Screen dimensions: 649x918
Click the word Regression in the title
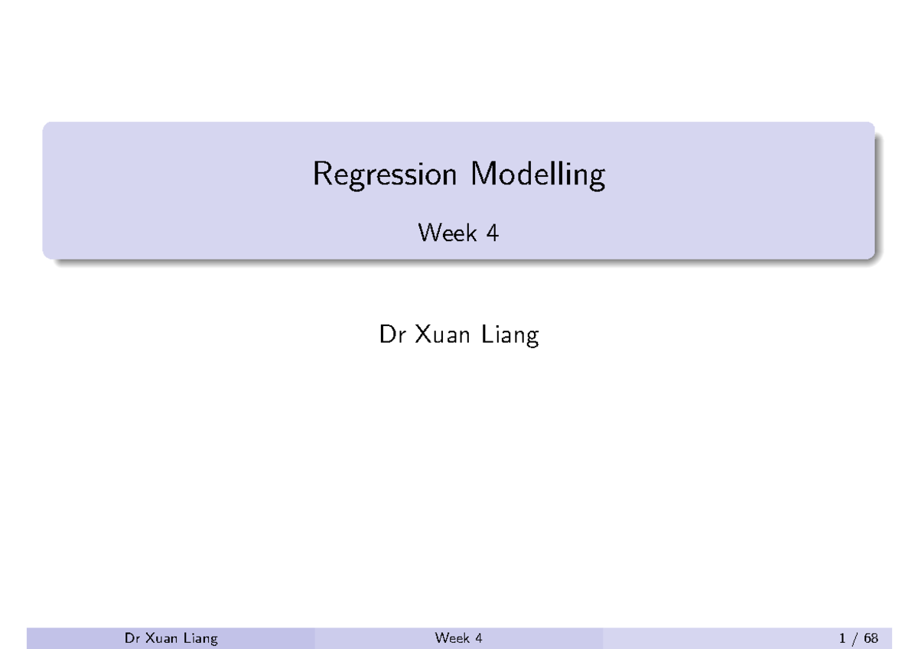tap(384, 176)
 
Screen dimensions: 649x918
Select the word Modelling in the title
tap(537, 176)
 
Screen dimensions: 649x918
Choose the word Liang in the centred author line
tap(510, 337)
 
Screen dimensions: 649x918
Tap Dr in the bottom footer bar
tap(132, 638)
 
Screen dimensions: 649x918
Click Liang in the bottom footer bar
tap(198, 639)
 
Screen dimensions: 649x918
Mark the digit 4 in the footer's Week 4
tap(478, 638)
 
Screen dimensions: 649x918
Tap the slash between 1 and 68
tap(855, 638)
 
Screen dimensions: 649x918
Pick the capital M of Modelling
tap(482, 175)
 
